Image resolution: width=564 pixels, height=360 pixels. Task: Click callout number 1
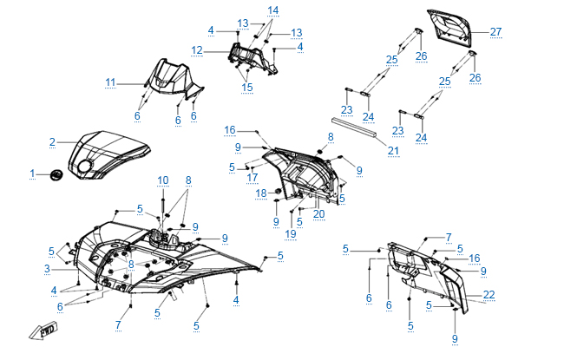(x=33, y=174)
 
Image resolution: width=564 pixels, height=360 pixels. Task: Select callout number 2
(x=52, y=141)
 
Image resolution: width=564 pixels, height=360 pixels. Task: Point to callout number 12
(x=197, y=51)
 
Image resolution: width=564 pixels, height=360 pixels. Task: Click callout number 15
(x=247, y=87)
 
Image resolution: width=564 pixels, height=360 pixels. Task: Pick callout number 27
(x=495, y=32)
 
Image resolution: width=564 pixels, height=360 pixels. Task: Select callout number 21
(x=393, y=151)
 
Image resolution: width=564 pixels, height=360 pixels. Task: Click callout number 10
(x=163, y=180)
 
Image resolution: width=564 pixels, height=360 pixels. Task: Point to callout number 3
(x=47, y=270)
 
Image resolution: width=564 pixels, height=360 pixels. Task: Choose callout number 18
(x=260, y=193)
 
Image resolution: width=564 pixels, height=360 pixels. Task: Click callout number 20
(x=318, y=214)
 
